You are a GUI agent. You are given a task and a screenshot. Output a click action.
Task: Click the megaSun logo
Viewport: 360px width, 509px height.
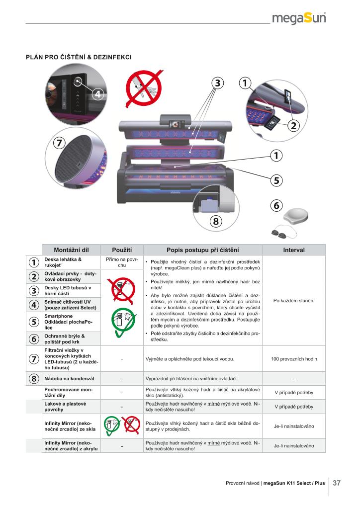click(x=299, y=18)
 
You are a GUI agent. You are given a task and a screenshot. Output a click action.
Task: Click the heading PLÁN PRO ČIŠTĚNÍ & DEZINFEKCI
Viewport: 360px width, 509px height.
click(x=79, y=57)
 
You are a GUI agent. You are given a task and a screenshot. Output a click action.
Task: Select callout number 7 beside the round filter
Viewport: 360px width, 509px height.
click(x=59, y=143)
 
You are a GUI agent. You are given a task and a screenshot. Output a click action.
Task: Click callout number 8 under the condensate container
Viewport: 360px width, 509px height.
click(x=216, y=221)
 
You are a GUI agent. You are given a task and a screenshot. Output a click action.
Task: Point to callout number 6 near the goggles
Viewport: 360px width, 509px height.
click(x=276, y=205)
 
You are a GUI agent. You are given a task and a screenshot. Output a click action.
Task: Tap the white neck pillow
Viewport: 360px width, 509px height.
click(x=296, y=216)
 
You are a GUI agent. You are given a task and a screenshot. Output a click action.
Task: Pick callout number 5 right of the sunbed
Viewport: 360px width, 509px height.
click(x=276, y=180)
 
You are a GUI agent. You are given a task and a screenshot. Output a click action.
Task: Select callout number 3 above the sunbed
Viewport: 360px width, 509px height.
click(x=218, y=83)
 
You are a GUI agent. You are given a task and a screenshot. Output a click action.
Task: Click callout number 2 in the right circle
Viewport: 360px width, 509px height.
click(x=294, y=125)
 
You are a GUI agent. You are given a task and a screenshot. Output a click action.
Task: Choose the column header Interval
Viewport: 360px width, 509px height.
click(x=294, y=250)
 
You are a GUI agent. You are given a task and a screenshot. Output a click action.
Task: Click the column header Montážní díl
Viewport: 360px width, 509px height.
click(x=71, y=250)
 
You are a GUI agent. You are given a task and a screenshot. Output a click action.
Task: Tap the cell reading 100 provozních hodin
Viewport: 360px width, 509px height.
click(x=294, y=359)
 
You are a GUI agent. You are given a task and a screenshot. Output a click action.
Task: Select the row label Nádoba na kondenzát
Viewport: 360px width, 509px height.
click(x=70, y=378)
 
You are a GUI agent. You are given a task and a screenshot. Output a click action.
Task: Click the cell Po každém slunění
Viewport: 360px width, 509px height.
click(x=294, y=301)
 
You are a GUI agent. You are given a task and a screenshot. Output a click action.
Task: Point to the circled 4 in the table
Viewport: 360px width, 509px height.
click(x=34, y=305)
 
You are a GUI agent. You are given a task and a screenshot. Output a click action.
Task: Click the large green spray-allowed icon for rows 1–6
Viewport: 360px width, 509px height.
click(x=122, y=322)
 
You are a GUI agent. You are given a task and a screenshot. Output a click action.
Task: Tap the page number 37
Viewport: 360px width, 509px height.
click(x=337, y=483)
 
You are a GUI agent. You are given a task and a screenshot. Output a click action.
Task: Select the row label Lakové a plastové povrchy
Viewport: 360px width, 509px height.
click(x=65, y=407)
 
